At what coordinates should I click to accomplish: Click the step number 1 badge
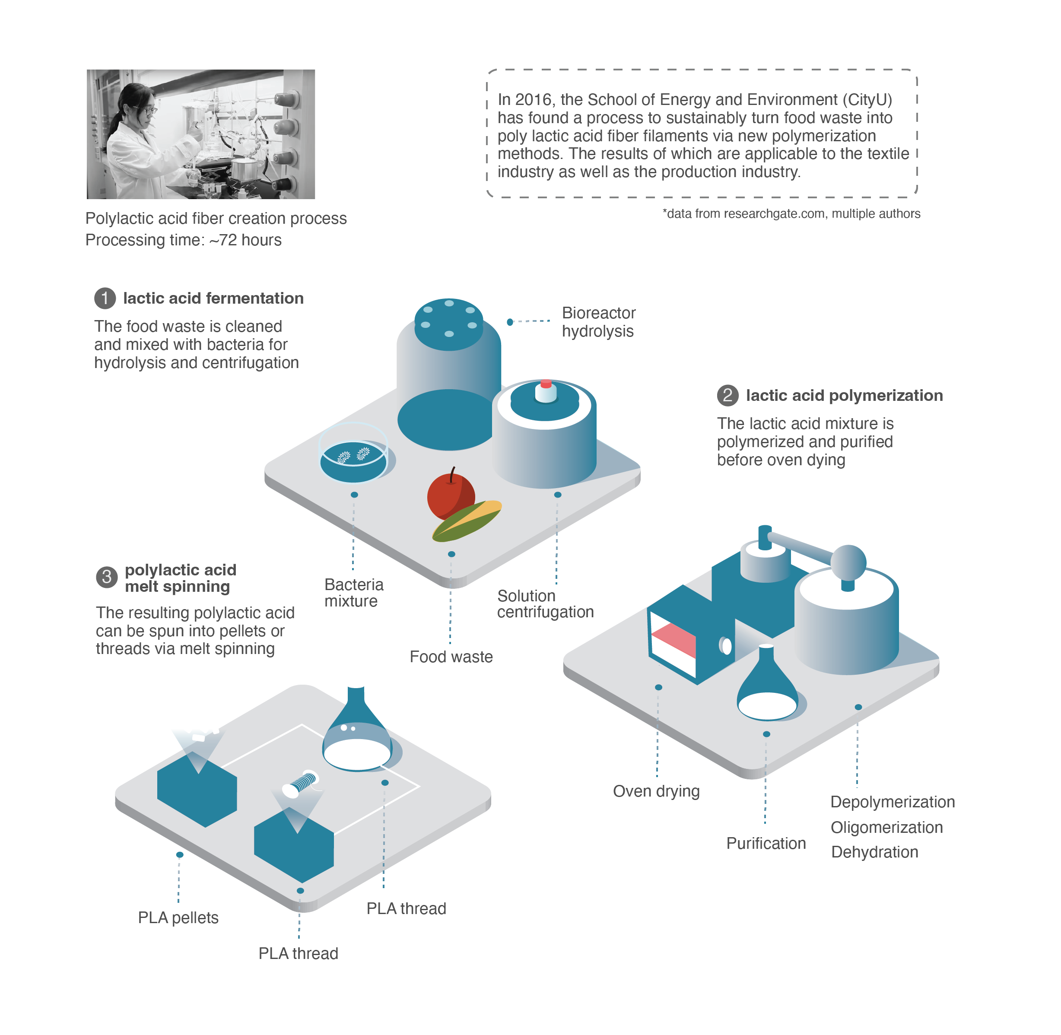point(105,298)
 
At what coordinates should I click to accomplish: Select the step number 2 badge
point(727,395)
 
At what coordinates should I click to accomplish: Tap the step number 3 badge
point(107,577)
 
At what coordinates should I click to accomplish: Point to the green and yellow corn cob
point(467,520)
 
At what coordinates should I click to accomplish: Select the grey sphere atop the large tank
point(848,561)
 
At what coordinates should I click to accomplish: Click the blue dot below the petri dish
point(354,495)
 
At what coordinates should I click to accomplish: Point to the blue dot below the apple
point(451,554)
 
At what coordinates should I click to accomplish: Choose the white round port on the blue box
point(726,645)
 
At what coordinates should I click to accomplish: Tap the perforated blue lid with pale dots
point(449,324)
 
